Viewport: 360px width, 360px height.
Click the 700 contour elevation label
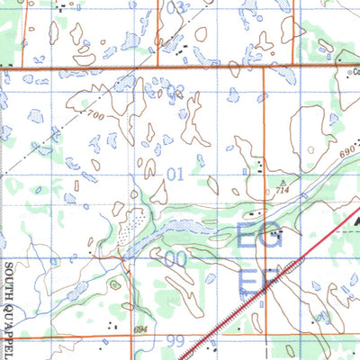click(x=96, y=115)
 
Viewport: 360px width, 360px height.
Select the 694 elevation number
click(x=139, y=331)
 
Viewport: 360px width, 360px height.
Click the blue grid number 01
click(x=175, y=171)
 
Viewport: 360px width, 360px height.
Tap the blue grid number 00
click(x=175, y=258)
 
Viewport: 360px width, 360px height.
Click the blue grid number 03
click(x=175, y=7)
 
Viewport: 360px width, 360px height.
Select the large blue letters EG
click(x=259, y=238)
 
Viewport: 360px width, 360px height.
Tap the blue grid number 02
click(x=175, y=90)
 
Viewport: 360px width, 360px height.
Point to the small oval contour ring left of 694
click(x=114, y=285)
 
